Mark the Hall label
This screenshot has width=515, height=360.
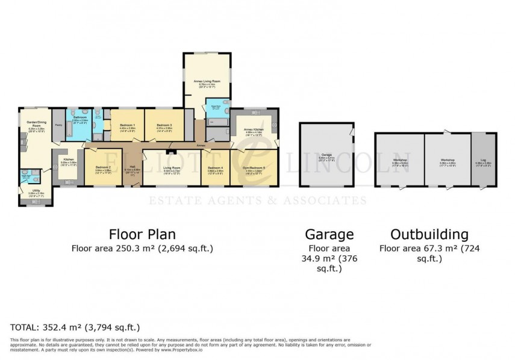(x=132, y=167)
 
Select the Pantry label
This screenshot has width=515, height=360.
(x=59, y=125)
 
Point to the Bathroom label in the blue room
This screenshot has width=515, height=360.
(x=80, y=118)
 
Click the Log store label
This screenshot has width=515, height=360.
(x=482, y=160)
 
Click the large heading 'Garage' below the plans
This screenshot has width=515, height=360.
(x=329, y=234)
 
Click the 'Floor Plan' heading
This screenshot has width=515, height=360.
(x=142, y=234)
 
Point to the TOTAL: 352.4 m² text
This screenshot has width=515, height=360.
(x=75, y=327)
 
